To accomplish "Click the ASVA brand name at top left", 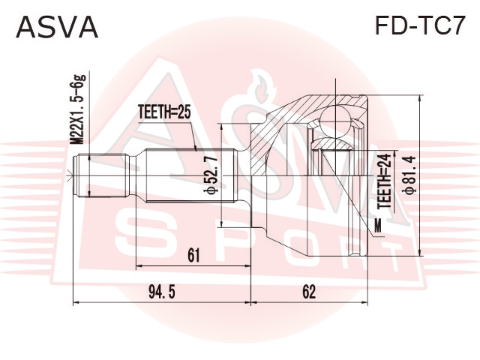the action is tap(57, 27).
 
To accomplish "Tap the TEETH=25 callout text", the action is tap(164, 112).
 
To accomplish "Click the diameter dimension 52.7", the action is tap(211, 175).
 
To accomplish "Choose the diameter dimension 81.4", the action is tap(410, 175).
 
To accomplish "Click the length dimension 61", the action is tap(193, 255).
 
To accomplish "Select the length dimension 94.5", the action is tap(162, 292).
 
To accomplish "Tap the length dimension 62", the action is tap(309, 292).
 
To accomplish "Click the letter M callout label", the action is tap(378, 226).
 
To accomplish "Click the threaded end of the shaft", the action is tap(101, 175).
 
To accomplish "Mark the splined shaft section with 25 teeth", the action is tap(191, 175).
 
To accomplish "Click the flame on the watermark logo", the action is tap(261, 87).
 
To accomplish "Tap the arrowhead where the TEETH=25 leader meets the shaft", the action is tap(195, 148).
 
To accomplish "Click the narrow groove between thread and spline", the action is tap(132, 175).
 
